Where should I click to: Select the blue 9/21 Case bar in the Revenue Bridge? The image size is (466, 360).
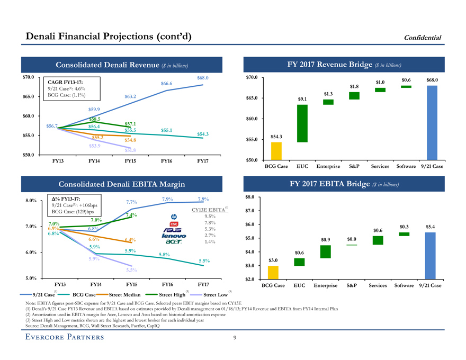(x=432, y=122)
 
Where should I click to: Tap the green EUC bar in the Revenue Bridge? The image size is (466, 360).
(x=302, y=123)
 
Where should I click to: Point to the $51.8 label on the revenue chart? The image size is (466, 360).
(x=130, y=151)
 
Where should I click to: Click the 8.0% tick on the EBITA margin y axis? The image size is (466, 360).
(x=31, y=201)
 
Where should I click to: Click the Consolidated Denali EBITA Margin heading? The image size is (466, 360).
(x=122, y=184)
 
